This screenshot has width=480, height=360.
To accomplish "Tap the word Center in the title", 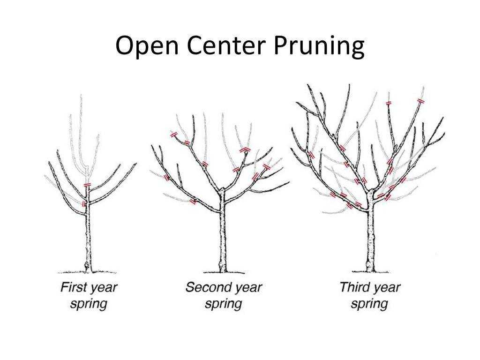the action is pos(225,45).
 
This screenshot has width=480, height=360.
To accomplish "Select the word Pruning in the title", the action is pos(319,46).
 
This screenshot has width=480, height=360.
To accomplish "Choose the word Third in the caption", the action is pos(354,287).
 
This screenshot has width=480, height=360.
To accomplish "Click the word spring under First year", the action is pos(89,304).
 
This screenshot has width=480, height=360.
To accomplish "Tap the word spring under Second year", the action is pos(224,304).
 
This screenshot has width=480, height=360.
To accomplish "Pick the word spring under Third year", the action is pos(369,304).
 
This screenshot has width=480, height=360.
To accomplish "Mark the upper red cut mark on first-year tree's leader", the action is pos(88,185).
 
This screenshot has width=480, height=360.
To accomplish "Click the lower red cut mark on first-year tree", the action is pos(84,203).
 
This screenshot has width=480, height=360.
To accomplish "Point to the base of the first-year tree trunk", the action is pos(88,270).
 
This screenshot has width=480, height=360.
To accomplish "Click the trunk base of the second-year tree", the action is pos(223,270).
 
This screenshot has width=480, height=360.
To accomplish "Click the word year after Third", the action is pos(387,288).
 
